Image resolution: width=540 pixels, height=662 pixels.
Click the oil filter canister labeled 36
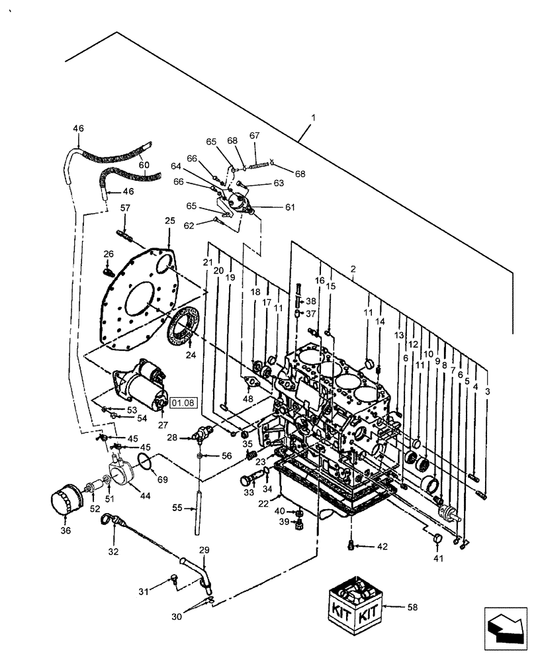click(66, 502)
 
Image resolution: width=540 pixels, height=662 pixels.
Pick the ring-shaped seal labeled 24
click(185, 328)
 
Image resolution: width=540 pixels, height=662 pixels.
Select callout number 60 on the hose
click(144, 165)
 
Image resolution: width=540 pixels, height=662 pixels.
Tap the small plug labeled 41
click(437, 540)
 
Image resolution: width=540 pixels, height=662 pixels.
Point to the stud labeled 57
click(126, 234)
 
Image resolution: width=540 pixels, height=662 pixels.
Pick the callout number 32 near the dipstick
click(113, 551)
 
